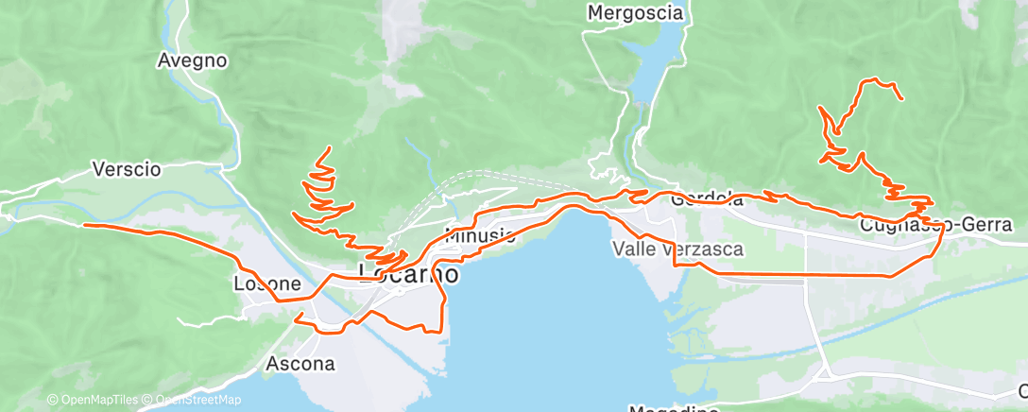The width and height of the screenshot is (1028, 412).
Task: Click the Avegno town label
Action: point(192,60)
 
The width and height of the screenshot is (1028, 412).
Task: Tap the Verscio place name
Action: point(127,170)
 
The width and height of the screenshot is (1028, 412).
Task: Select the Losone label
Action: point(266,283)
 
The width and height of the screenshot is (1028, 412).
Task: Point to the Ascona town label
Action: point(300,363)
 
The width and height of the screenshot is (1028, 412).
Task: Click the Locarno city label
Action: point(409,274)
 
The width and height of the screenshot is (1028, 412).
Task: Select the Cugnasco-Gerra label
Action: point(937,225)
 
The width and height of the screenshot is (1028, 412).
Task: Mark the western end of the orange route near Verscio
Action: point(85,225)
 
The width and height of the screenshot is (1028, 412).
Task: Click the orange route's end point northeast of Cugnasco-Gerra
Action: point(902,98)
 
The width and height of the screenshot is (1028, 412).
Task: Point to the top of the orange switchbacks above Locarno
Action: point(329,148)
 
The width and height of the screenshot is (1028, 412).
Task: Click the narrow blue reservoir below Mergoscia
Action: point(662,57)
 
